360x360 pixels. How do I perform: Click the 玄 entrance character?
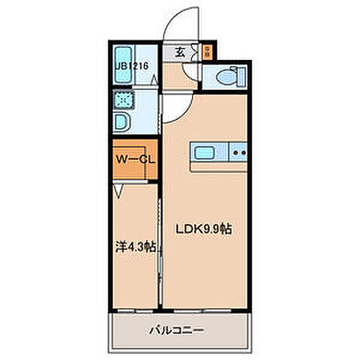pyautogui.click(x=181, y=52)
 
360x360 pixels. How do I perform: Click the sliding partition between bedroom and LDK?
pyautogui.click(x=159, y=247)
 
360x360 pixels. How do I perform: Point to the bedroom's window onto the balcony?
pyautogui.click(x=135, y=310)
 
